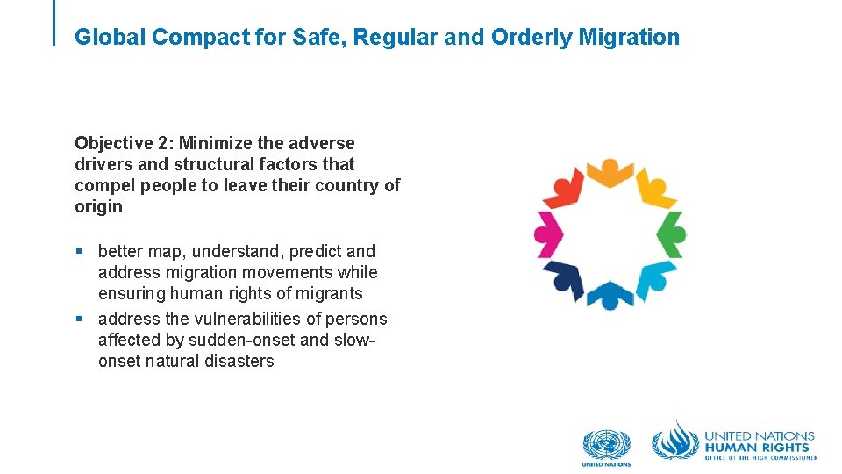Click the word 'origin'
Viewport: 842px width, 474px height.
[x=98, y=207]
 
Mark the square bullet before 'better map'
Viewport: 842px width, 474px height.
[x=80, y=252]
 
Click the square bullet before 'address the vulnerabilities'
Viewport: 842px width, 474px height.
[x=80, y=320]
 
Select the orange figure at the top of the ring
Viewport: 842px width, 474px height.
[x=610, y=172]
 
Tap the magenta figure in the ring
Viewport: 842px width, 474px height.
[x=549, y=234]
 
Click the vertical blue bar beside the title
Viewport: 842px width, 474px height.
[x=54, y=22]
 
